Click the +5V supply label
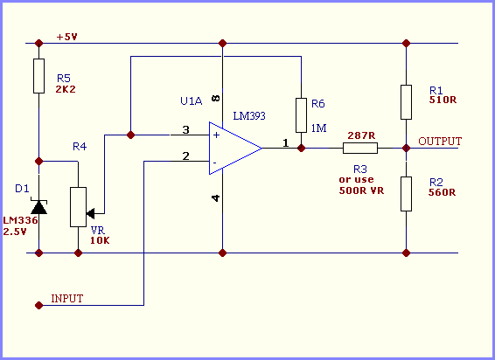[66, 37]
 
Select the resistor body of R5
[38, 76]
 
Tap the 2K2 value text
[66, 89]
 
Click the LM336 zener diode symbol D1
[38, 206]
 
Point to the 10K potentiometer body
[79, 207]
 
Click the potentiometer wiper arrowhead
[90, 213]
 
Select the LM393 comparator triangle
[235, 148]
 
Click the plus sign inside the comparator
[216, 135]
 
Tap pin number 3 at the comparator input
[186, 129]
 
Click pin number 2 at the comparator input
[186, 156]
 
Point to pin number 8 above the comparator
[216, 98]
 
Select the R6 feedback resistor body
[301, 115]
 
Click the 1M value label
[319, 128]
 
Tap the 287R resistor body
[360, 148]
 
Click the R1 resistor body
[407, 102]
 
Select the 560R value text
[442, 192]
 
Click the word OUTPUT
[440, 141]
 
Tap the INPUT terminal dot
[38, 305]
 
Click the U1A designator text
[192, 101]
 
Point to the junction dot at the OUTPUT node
[407, 148]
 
